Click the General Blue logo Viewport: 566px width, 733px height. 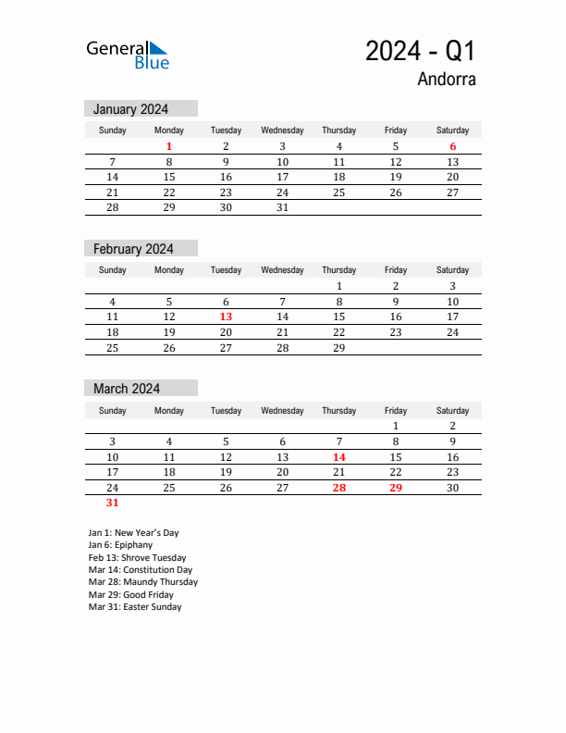128,55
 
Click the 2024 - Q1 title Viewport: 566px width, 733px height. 420,52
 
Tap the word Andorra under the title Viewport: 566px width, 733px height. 446,79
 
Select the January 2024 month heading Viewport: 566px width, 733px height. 130,109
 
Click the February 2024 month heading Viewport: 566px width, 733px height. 133,249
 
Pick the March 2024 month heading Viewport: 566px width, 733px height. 127,389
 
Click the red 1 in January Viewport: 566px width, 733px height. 169,146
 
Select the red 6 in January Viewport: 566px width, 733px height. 452,146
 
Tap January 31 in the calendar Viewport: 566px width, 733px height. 282,207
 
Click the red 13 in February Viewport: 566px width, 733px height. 226,317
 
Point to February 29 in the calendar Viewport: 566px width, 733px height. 338,348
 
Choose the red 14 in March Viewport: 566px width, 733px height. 338,457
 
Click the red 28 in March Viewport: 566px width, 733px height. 338,488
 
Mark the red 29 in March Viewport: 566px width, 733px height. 395,488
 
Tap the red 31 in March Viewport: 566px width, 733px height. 112,503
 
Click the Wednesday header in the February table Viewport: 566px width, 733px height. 282,270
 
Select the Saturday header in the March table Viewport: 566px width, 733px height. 452,410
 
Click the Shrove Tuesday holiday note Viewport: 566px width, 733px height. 137,558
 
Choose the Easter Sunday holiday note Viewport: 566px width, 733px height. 135,607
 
